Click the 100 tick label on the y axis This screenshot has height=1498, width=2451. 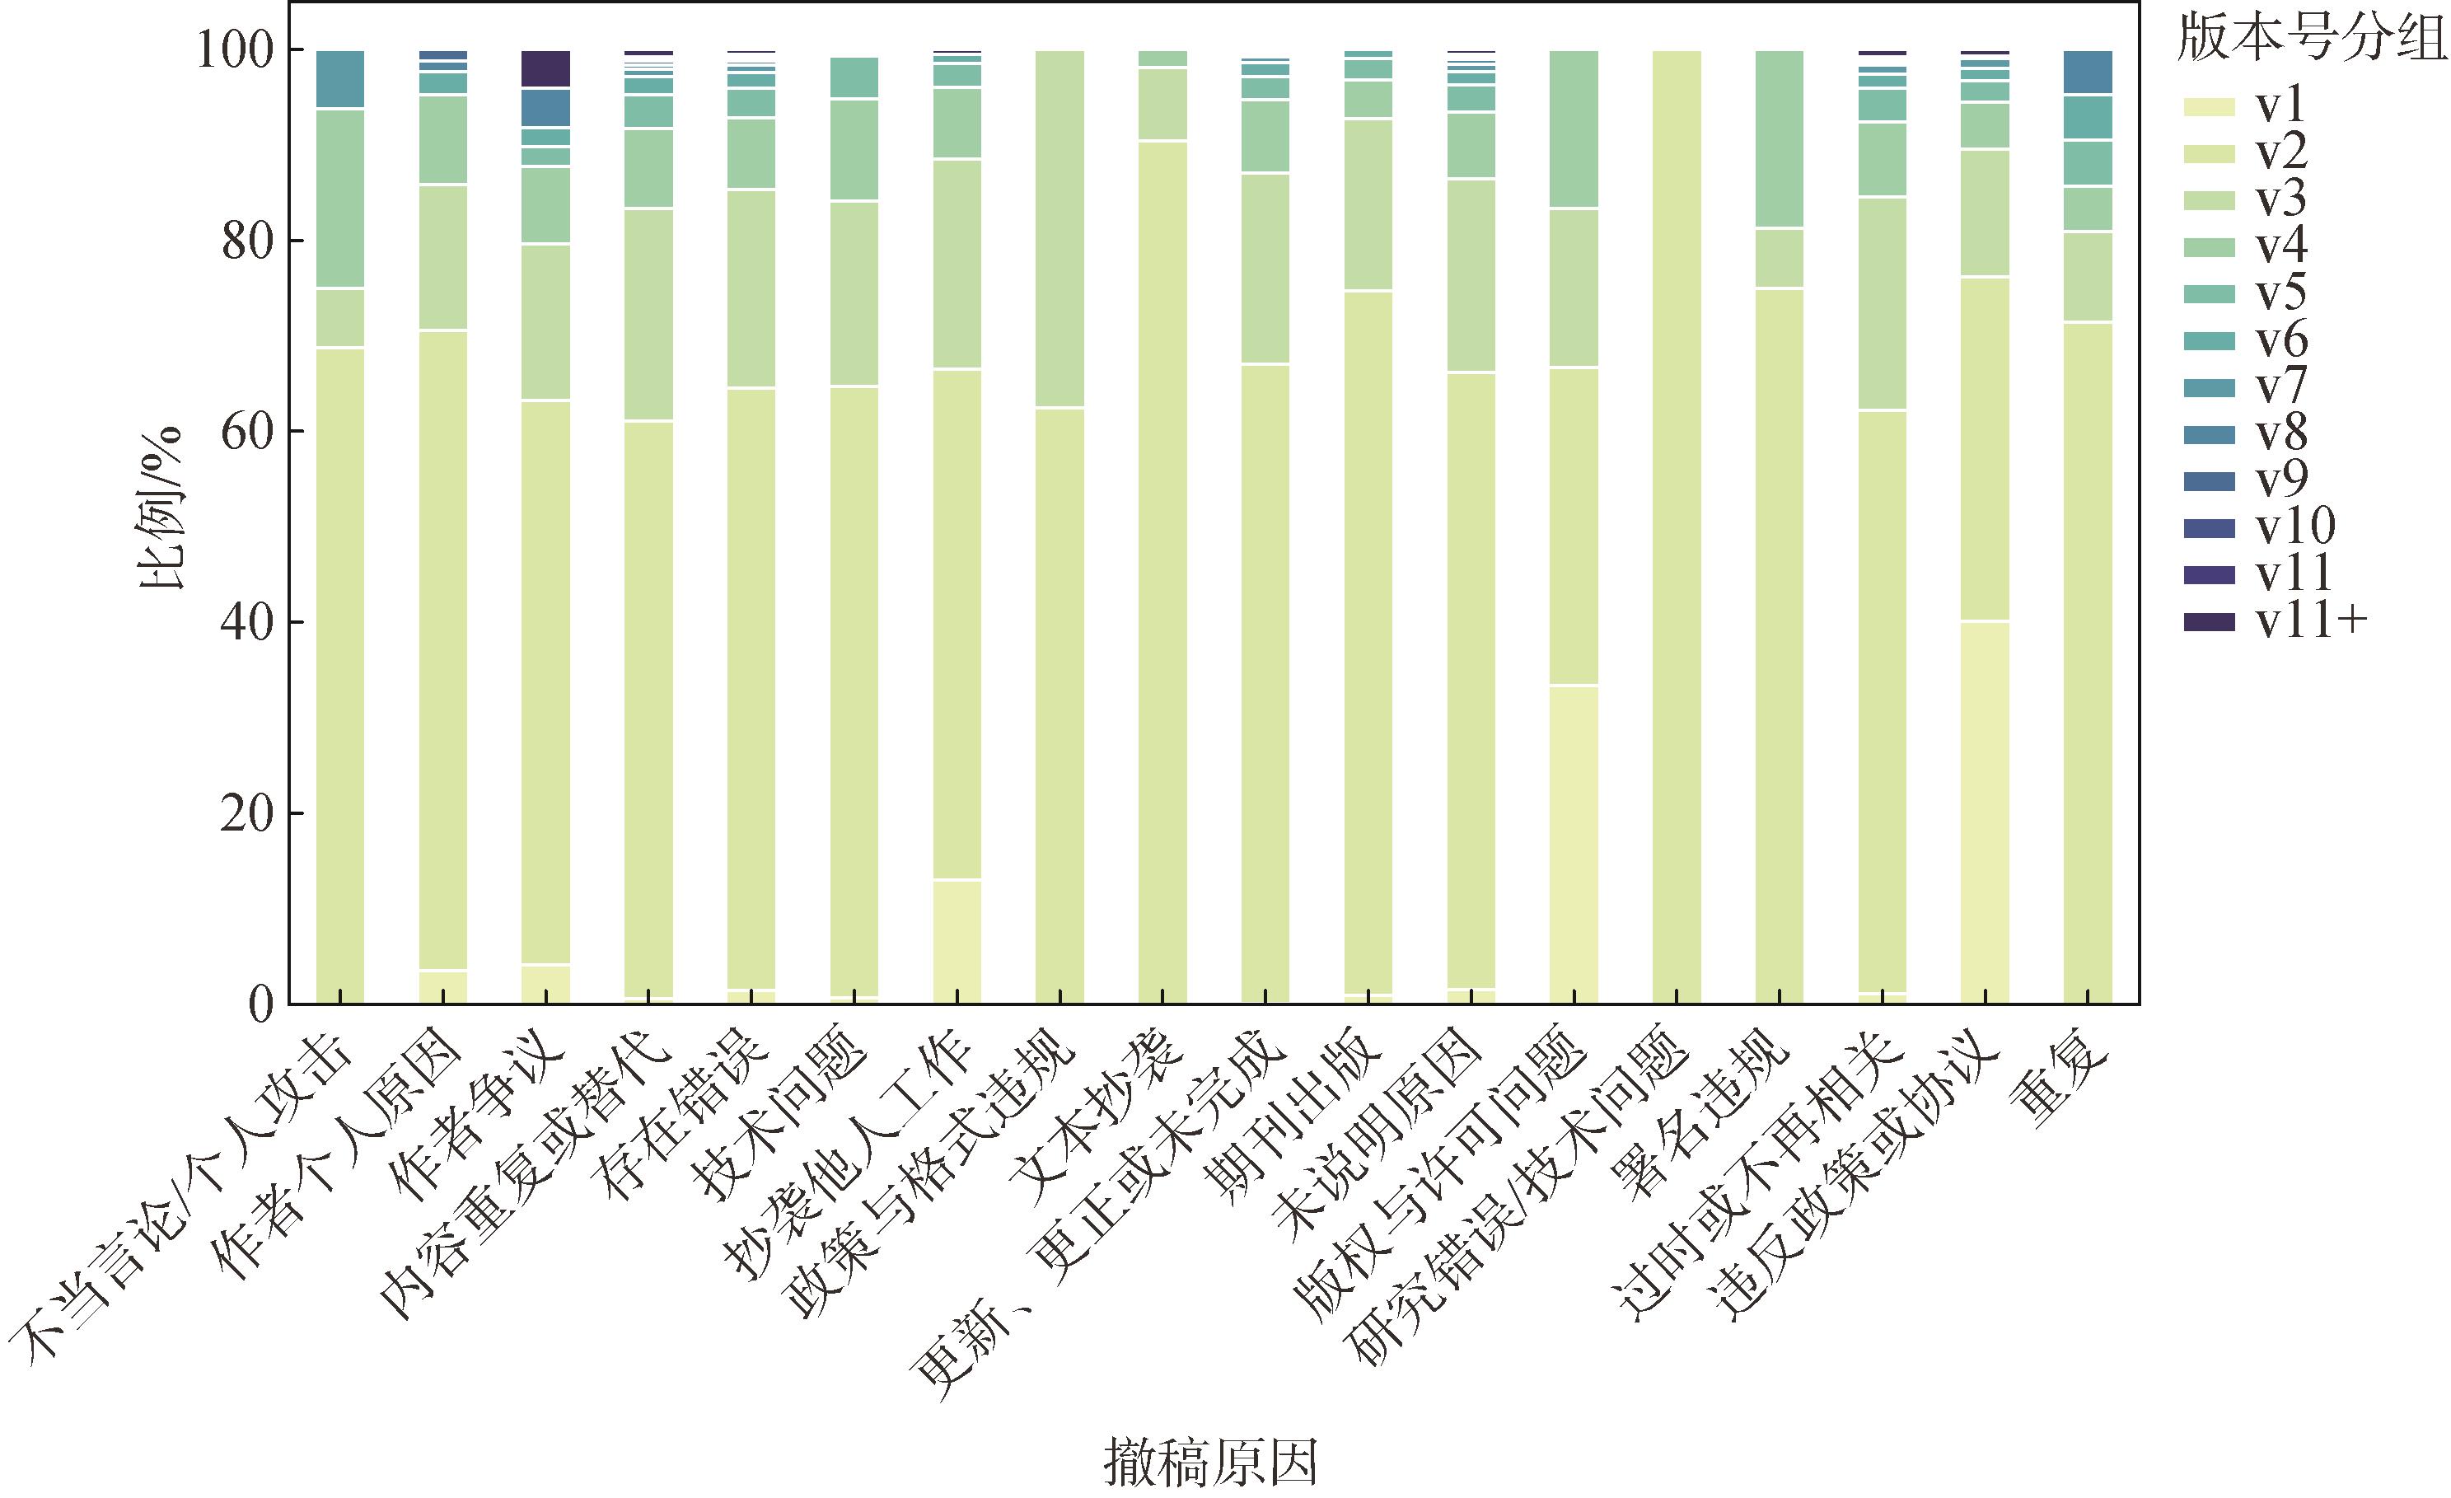pos(235,49)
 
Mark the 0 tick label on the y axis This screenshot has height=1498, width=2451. pos(260,1004)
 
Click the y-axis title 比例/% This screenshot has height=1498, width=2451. pos(162,508)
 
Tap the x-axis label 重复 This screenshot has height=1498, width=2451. pos(2059,1089)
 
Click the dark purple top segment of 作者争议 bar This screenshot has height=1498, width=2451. pos(546,68)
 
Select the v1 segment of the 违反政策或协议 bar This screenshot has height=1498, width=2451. pos(1985,812)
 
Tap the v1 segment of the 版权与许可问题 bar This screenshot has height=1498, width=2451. pos(1574,844)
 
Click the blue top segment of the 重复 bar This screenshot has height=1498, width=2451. pos(2088,72)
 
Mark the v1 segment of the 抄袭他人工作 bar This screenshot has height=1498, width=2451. pos(957,941)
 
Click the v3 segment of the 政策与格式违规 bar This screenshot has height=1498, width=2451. pos(1059,229)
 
